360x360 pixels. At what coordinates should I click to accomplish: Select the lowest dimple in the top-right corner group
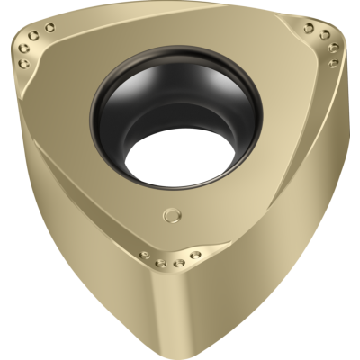334,63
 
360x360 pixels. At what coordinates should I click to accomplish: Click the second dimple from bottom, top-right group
332,49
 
